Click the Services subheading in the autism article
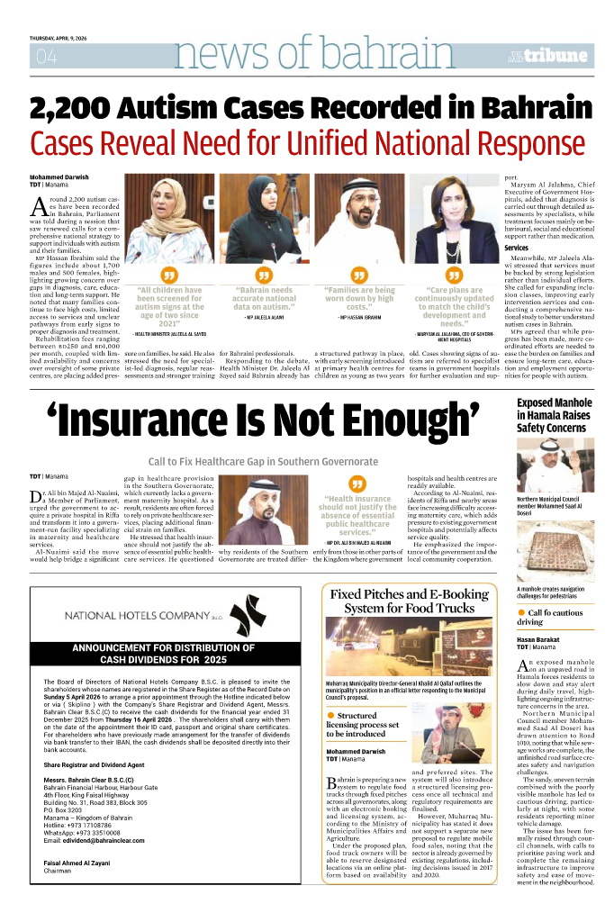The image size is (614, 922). pos(516,248)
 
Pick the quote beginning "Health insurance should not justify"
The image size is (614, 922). pos(357,515)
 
